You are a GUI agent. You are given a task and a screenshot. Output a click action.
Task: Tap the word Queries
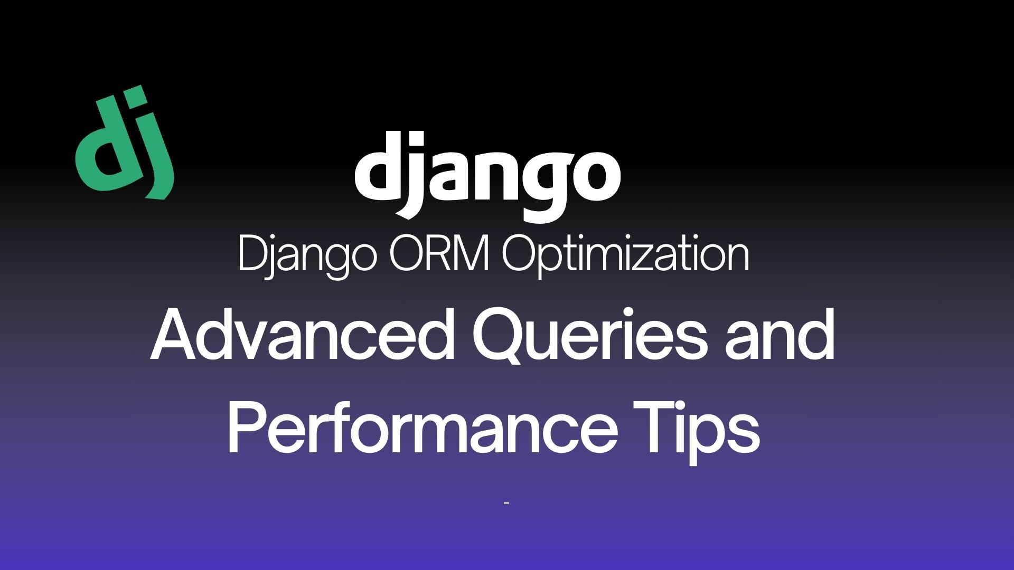(588, 338)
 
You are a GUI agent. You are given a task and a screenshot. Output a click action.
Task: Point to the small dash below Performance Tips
(506, 503)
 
